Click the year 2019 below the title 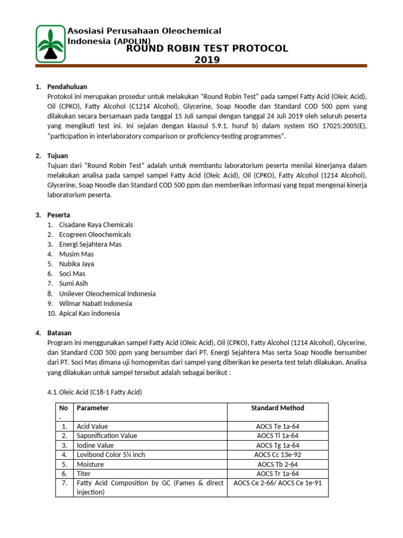pyautogui.click(x=207, y=60)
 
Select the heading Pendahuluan pyautogui.click(x=67, y=86)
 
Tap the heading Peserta pyautogui.click(x=59, y=215)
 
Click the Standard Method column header pyautogui.click(x=278, y=408)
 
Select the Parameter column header pyautogui.click(x=93, y=408)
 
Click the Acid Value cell pyautogui.click(x=92, y=427)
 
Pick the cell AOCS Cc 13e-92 pyautogui.click(x=278, y=454)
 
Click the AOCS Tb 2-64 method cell pyautogui.click(x=278, y=464)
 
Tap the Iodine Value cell pyautogui.click(x=95, y=445)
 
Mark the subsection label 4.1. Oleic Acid pyautogui.click(x=94, y=392)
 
